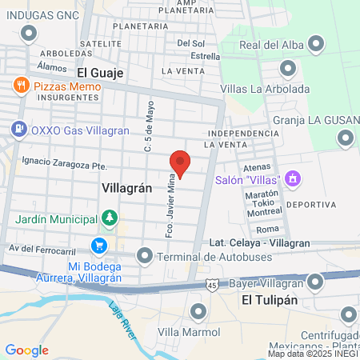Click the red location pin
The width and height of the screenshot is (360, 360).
pos(180,162)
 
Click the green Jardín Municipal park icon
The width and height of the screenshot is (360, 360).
pos(109,218)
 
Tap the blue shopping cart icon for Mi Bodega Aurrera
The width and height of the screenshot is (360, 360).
pos(99,246)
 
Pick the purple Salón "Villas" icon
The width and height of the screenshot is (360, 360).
pos(293,178)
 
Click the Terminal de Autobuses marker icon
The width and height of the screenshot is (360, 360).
pos(144,255)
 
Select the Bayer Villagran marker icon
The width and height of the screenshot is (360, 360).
pos(317,281)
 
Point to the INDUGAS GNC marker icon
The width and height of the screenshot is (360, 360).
pos(30,33)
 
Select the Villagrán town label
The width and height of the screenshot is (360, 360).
pos(127,186)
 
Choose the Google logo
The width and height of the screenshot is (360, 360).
pos(26,350)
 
